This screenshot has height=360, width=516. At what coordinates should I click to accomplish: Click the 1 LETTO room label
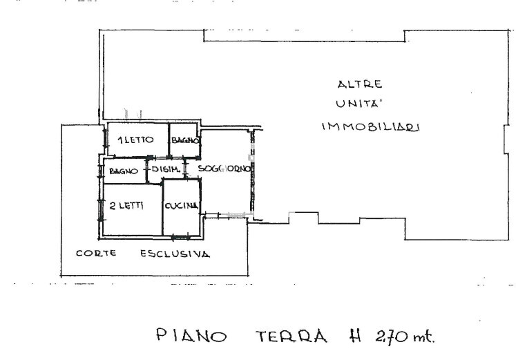(135, 140)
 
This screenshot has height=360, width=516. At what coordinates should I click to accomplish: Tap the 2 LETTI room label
(126, 206)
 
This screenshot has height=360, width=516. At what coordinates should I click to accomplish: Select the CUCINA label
(181, 206)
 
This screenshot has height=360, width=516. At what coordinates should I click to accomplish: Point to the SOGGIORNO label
(224, 169)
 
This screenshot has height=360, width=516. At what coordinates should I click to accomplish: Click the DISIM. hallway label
(166, 169)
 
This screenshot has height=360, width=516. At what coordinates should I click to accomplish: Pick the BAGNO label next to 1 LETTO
(185, 140)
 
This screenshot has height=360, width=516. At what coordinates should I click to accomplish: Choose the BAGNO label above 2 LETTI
(124, 171)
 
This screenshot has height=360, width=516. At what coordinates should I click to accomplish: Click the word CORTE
(96, 253)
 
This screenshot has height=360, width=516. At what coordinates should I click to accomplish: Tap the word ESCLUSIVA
(175, 254)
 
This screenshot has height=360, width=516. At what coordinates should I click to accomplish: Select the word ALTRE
(360, 84)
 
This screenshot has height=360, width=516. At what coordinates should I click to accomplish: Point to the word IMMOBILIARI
(370, 126)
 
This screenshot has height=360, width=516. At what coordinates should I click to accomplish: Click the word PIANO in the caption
(191, 335)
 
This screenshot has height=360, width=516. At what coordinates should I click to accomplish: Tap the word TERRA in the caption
(292, 337)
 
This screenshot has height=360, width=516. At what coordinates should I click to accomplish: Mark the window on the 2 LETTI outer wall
(100, 210)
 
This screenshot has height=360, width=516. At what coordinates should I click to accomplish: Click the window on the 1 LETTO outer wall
(105, 138)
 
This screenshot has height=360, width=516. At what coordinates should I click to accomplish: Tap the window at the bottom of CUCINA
(181, 236)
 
